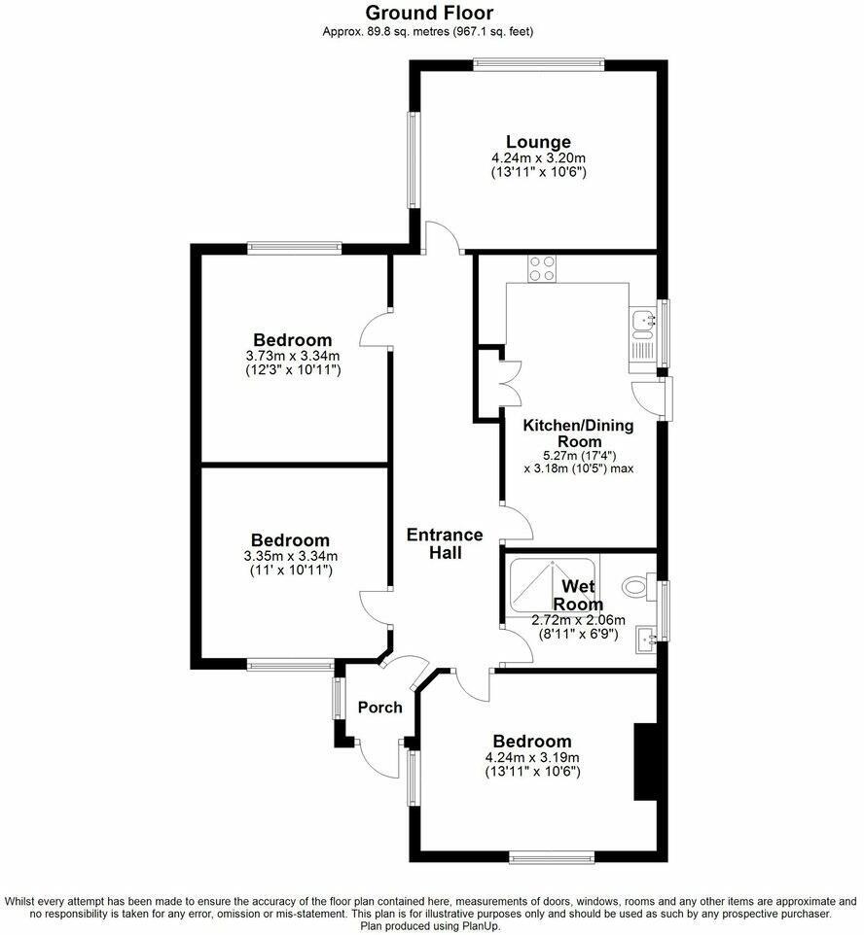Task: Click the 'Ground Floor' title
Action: pos(429,13)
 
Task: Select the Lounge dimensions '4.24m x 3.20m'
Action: pos(538,157)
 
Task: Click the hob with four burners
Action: pos(541,267)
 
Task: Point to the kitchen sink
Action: pos(642,319)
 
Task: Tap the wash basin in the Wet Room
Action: pos(645,638)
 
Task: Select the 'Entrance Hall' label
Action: pos(444,543)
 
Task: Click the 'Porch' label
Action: pos(379,707)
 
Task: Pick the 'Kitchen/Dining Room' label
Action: pos(578,433)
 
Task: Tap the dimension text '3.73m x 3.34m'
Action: pos(292,357)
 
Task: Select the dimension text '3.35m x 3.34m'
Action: pos(289,556)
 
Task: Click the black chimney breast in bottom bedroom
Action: pos(645,761)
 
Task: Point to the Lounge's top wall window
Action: pos(538,65)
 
